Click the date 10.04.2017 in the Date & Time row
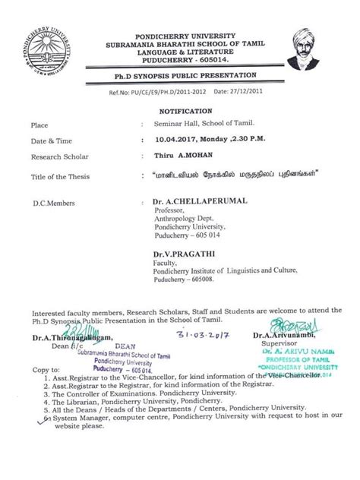(175, 140)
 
